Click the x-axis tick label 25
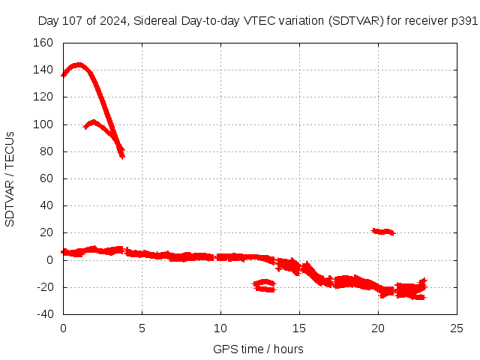pyautogui.click(x=457, y=328)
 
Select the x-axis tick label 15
pyautogui.click(x=299, y=328)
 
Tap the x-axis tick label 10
pyautogui.click(x=220, y=328)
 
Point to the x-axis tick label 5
pyautogui.click(x=142, y=328)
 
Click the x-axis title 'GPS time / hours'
pyautogui.click(x=258, y=349)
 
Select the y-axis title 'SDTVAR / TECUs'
pyautogui.click(x=10, y=178)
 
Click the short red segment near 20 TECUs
pyautogui.click(x=383, y=232)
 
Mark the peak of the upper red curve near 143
pyautogui.click(x=77, y=65)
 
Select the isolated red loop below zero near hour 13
pyautogui.click(x=265, y=285)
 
